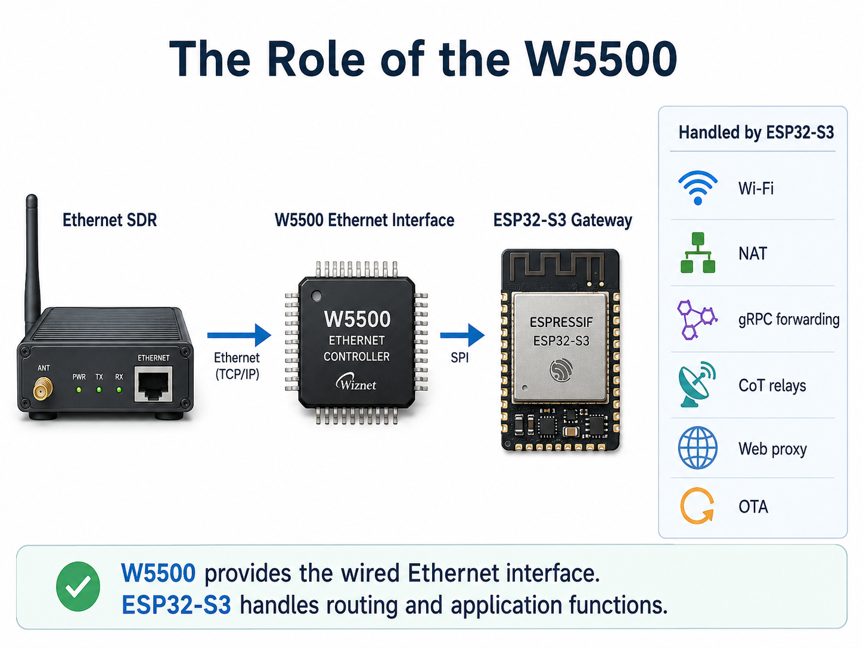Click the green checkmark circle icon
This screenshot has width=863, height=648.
78,586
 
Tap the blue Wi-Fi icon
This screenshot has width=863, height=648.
697,188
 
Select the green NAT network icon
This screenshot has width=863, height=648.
697,252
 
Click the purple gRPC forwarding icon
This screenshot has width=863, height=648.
697,319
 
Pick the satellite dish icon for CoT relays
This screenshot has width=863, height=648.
697,384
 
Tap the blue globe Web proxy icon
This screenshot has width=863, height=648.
697,448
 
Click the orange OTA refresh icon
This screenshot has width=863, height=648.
697,507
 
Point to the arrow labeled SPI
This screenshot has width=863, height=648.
462,335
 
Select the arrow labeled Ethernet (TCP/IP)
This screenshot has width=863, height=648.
239,335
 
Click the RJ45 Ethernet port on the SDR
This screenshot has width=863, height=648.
153,384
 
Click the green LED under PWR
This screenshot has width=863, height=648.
79,390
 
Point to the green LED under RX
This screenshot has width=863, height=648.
119,390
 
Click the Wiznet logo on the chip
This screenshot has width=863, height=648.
356,382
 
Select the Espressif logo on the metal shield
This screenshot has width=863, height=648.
561,370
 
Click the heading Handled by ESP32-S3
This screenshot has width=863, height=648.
756,132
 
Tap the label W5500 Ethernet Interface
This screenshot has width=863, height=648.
364,220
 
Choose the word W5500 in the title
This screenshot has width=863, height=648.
601,59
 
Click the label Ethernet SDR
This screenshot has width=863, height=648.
110,220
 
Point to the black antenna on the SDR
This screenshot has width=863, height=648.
32,260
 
